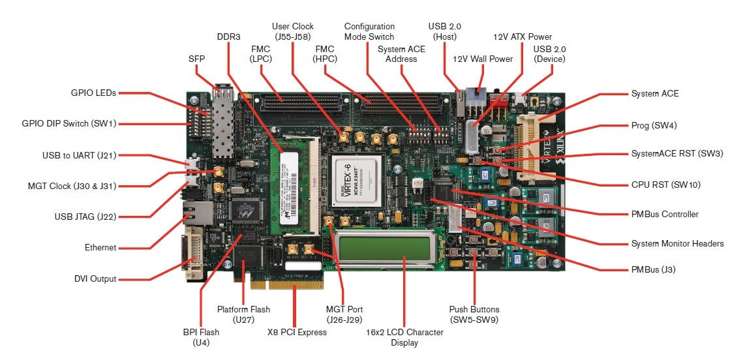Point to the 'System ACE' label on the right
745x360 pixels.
pyautogui.click(x=654, y=93)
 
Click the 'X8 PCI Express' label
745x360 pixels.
pyautogui.click(x=297, y=332)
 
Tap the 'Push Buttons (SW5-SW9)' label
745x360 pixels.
pyautogui.click(x=474, y=314)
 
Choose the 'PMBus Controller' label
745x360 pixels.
pyautogui.click(x=664, y=214)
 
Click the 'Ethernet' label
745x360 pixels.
pyautogui.click(x=100, y=248)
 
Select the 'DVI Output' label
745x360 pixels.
pyautogui.click(x=95, y=279)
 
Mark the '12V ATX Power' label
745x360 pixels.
pyautogui.click(x=523, y=37)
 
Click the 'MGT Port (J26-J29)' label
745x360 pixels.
pyautogui.click(x=344, y=314)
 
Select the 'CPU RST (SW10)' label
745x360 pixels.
pyautogui.click(x=665, y=185)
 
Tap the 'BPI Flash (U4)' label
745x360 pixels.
pyautogui.click(x=201, y=337)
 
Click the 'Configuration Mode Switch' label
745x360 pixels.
pyautogui.click(x=369, y=31)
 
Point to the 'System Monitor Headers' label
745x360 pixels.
pyautogui.click(x=677, y=243)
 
